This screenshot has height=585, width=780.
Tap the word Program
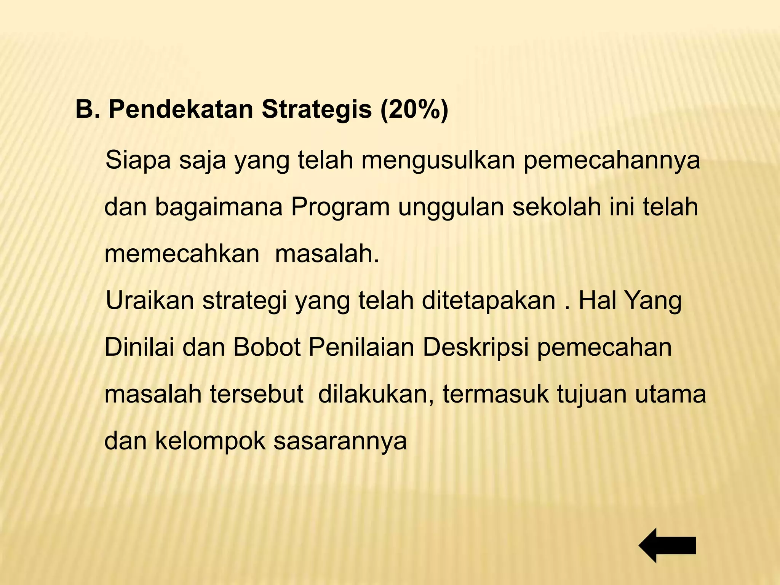[x=340, y=208]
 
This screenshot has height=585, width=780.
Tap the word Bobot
[x=267, y=347]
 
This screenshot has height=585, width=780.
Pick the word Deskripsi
[x=475, y=348]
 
